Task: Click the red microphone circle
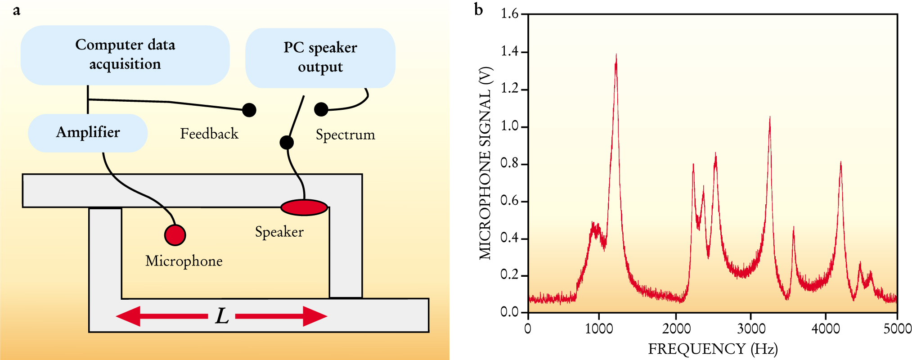point(175,234)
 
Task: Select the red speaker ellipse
point(304,207)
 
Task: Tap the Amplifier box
point(88,133)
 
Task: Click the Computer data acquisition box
point(125,55)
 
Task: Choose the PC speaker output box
point(320,58)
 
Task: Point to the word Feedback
point(209,134)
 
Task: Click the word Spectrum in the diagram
point(345,135)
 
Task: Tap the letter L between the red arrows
point(222,316)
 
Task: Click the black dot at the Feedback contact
point(249,110)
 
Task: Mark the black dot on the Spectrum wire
point(321,109)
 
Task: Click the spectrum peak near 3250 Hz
point(770,118)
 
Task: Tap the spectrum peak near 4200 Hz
point(840,163)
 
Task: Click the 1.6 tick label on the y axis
point(509,14)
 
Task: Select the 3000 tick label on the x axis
point(750,328)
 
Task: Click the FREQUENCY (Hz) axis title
point(713,349)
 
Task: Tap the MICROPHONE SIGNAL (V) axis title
point(485,163)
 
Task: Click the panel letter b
point(479,9)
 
